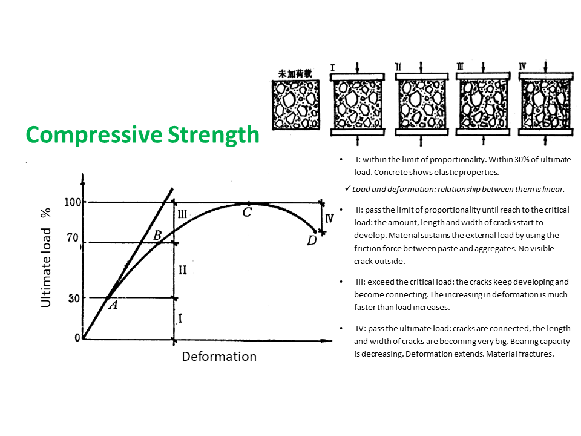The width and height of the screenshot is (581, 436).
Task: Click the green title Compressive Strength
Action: (142, 135)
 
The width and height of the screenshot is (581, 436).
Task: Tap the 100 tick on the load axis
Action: (73, 202)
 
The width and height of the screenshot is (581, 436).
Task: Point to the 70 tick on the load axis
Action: (73, 239)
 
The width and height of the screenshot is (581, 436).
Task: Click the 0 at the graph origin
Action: (77, 338)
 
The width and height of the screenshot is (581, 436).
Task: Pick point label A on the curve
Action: (112, 306)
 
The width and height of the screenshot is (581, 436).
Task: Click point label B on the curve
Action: (157, 235)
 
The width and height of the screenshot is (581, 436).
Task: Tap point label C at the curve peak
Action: (247, 213)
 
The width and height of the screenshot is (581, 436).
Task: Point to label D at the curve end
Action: (311, 240)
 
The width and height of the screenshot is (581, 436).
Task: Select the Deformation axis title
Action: (219, 357)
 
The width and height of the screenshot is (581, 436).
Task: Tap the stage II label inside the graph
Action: (182, 270)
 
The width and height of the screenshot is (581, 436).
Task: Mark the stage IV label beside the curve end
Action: (329, 219)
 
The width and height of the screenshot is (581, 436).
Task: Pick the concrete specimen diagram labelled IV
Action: (545, 103)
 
